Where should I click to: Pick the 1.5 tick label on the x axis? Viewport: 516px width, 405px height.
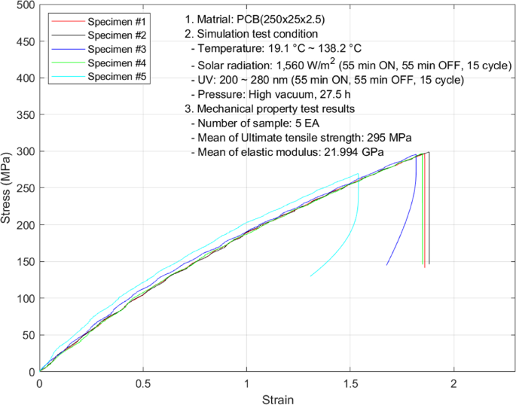click(x=350, y=383)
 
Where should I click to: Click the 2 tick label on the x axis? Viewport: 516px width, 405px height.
click(x=453, y=383)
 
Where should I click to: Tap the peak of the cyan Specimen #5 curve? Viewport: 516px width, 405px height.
click(x=358, y=174)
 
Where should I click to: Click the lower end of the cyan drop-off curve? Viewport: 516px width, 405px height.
click(x=310, y=276)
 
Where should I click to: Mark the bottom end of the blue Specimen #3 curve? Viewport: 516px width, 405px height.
click(x=387, y=264)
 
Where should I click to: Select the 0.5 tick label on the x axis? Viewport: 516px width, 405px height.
click(x=143, y=383)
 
